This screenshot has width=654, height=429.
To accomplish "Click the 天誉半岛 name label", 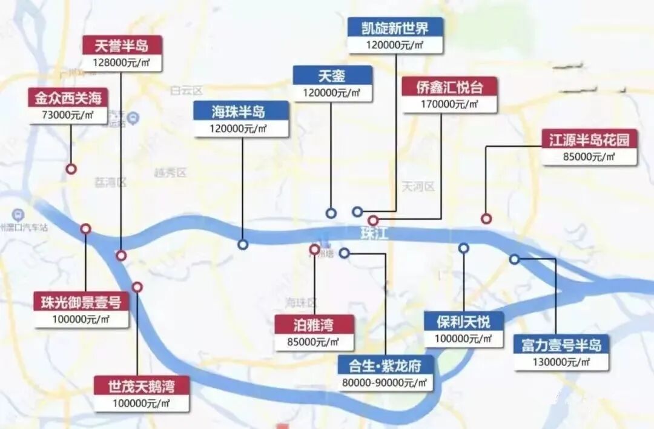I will click(x=122, y=45).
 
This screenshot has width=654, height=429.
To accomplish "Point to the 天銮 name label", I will click(x=332, y=76).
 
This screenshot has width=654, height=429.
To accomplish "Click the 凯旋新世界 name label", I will click(x=395, y=27).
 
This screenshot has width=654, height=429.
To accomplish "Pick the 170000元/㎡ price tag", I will click(x=449, y=104).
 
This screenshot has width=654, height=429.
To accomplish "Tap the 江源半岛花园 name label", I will click(x=589, y=140).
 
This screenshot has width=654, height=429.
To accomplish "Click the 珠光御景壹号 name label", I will click(x=81, y=302).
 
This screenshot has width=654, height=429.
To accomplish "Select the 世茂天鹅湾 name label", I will click(x=141, y=385).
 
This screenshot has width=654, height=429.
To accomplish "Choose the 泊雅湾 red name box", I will click(x=314, y=325).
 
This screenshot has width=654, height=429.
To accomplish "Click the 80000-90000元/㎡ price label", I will click(x=386, y=382).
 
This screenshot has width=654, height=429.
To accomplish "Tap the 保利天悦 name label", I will click(x=464, y=321).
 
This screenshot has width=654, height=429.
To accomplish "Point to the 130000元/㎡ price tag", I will click(x=561, y=362).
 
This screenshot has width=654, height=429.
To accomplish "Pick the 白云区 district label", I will click(x=185, y=91).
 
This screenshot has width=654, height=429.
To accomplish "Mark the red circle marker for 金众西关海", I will click(x=71, y=169).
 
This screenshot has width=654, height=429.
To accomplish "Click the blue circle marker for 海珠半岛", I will click(x=243, y=245).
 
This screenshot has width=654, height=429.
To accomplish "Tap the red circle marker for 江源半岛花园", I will click(x=486, y=219).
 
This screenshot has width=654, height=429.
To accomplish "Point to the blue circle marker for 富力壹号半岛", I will click(x=514, y=259).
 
